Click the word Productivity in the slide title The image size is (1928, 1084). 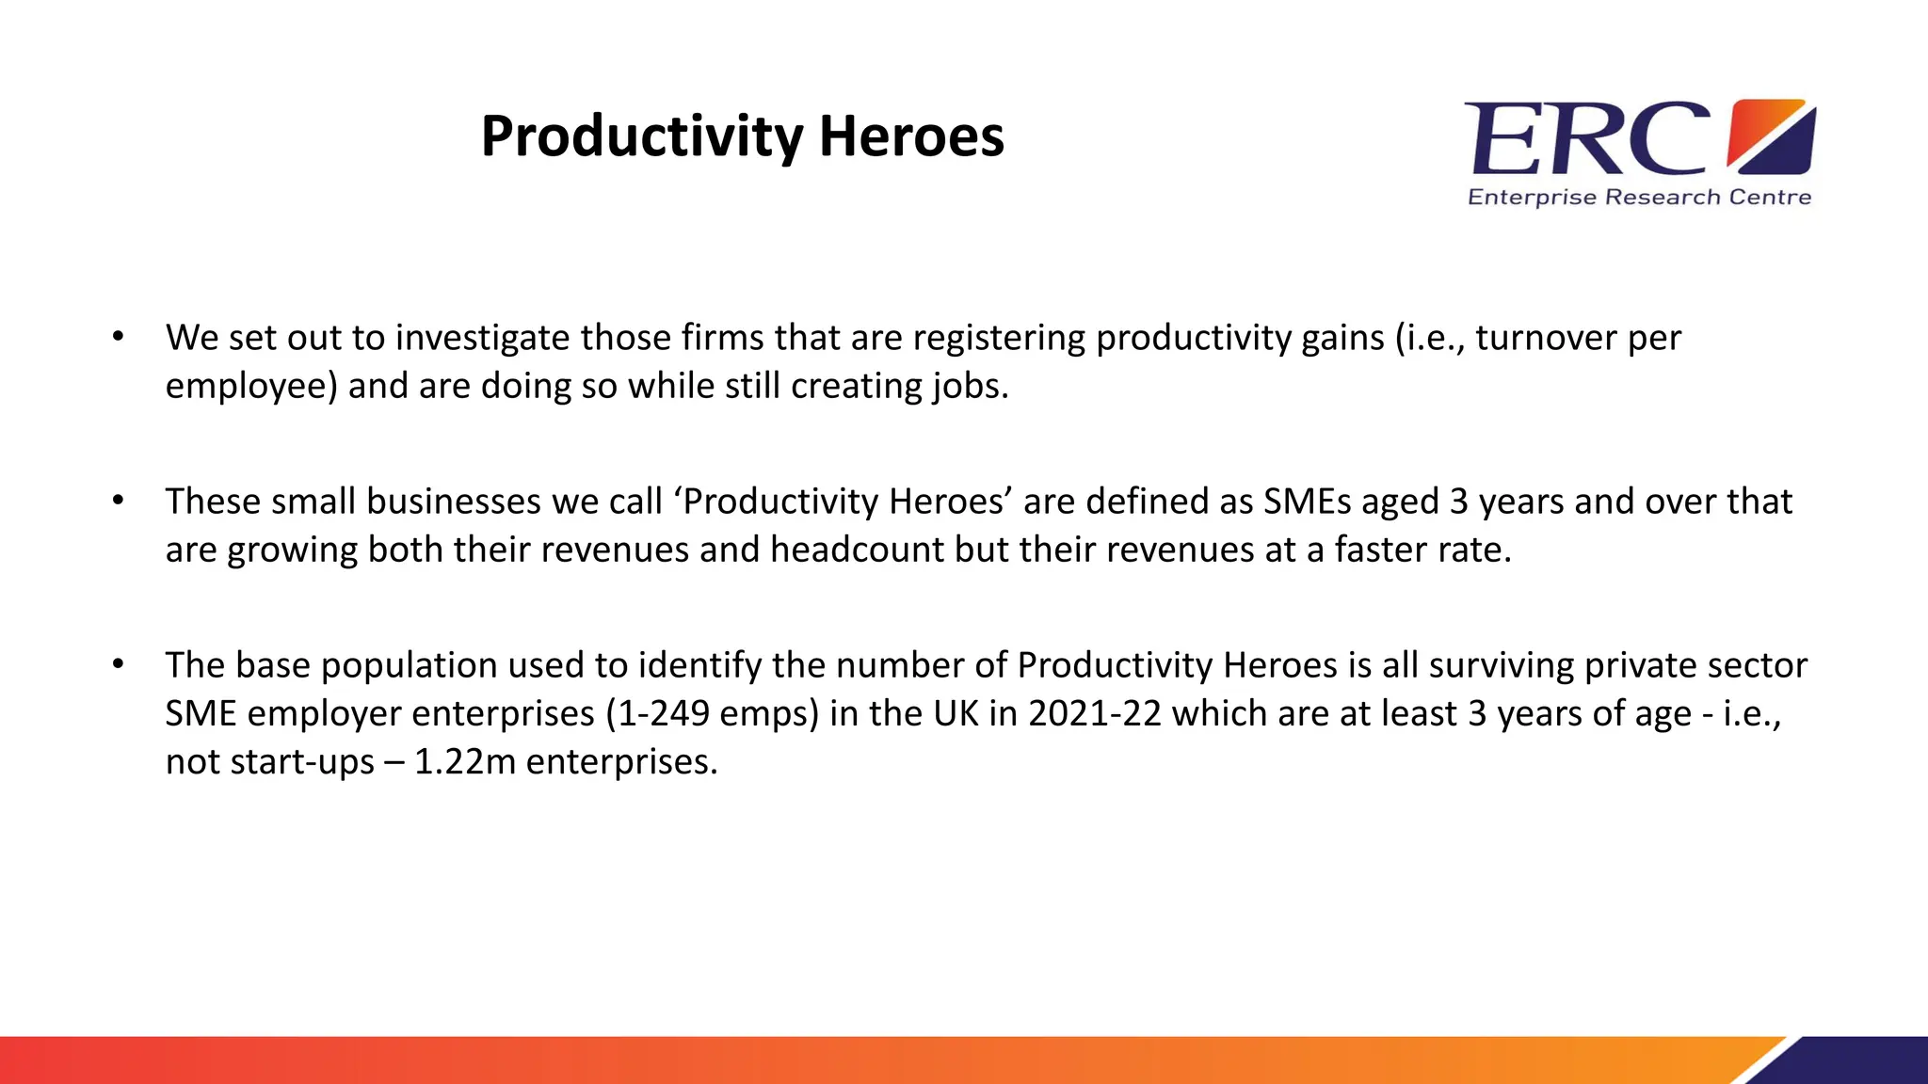(640, 137)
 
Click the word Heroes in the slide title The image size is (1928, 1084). (910, 137)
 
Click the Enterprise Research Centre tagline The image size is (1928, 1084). (1639, 198)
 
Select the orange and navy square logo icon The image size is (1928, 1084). (1771, 137)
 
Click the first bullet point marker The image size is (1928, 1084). (118, 337)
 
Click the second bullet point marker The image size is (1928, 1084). (118, 501)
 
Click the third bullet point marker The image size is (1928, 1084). (118, 664)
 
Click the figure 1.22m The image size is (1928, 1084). (465, 761)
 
